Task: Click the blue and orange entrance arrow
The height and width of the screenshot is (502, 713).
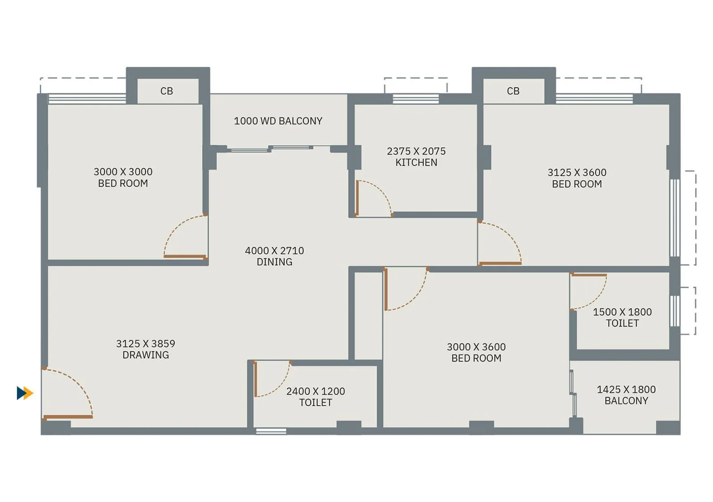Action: pyautogui.click(x=25, y=393)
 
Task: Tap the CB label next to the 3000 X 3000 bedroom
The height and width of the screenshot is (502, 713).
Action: pyautogui.click(x=167, y=91)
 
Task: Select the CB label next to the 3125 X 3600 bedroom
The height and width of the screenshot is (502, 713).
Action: pyautogui.click(x=513, y=91)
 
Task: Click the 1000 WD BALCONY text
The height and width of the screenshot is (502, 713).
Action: pyautogui.click(x=278, y=121)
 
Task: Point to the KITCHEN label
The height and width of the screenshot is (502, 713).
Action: pyautogui.click(x=416, y=163)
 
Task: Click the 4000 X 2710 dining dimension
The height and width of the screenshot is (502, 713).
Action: pyautogui.click(x=275, y=251)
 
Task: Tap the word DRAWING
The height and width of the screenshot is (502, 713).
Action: pyautogui.click(x=146, y=355)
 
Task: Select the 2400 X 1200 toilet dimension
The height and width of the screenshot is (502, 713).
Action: pyautogui.click(x=316, y=391)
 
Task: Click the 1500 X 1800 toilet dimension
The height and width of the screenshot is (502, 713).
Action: pyautogui.click(x=622, y=312)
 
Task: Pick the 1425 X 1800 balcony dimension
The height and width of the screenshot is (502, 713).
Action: pyautogui.click(x=626, y=390)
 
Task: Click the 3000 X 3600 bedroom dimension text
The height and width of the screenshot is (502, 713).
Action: pyautogui.click(x=476, y=347)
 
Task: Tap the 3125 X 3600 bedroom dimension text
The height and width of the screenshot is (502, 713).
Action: pyautogui.click(x=577, y=172)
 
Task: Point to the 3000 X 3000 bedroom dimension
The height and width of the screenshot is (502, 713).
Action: pyautogui.click(x=123, y=172)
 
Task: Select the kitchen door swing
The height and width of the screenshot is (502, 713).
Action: pyautogui.click(x=372, y=199)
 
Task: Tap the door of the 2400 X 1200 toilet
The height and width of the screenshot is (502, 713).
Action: pyautogui.click(x=270, y=379)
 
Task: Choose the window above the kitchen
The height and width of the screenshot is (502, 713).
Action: pyautogui.click(x=415, y=99)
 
